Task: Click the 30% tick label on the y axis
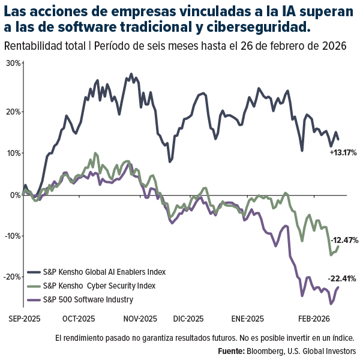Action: tap(13, 63)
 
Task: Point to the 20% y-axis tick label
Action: tap(13, 112)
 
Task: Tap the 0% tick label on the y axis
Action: tap(15, 194)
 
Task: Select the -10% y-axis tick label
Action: tap(12, 236)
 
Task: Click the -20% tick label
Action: tap(12, 277)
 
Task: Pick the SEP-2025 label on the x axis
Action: tap(24, 319)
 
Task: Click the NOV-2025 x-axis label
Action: tap(140, 319)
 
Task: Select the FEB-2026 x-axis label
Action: tap(316, 319)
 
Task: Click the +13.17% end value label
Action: tap(342, 152)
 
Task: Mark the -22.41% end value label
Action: tap(343, 278)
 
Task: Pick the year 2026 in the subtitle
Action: tap(335, 47)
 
